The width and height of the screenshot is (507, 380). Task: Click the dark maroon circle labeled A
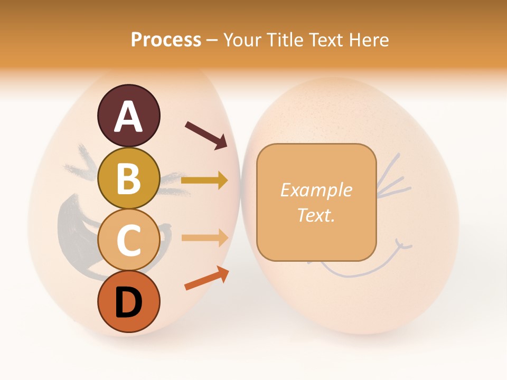[x=128, y=116]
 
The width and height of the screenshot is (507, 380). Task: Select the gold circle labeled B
[x=128, y=178]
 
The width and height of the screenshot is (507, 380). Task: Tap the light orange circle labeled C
[x=128, y=240]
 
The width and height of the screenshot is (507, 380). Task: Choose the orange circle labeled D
[x=128, y=301]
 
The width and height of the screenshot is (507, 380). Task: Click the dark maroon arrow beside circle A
[x=206, y=134]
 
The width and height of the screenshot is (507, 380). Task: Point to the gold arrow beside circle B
[x=204, y=180]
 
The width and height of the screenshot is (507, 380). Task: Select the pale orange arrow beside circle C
[x=204, y=238]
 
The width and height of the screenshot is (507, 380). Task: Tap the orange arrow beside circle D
[x=206, y=278]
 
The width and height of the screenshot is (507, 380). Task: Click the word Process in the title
[x=166, y=40]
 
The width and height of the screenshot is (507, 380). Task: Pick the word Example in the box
[x=316, y=190]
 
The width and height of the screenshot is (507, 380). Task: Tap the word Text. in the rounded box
[x=316, y=215]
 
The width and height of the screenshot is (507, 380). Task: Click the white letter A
[x=128, y=117]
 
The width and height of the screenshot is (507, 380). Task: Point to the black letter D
[x=128, y=302]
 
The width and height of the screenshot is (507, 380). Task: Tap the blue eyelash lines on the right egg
[x=393, y=177]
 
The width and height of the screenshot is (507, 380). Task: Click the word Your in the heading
[x=241, y=40]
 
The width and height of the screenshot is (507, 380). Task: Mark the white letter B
[x=128, y=179]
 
